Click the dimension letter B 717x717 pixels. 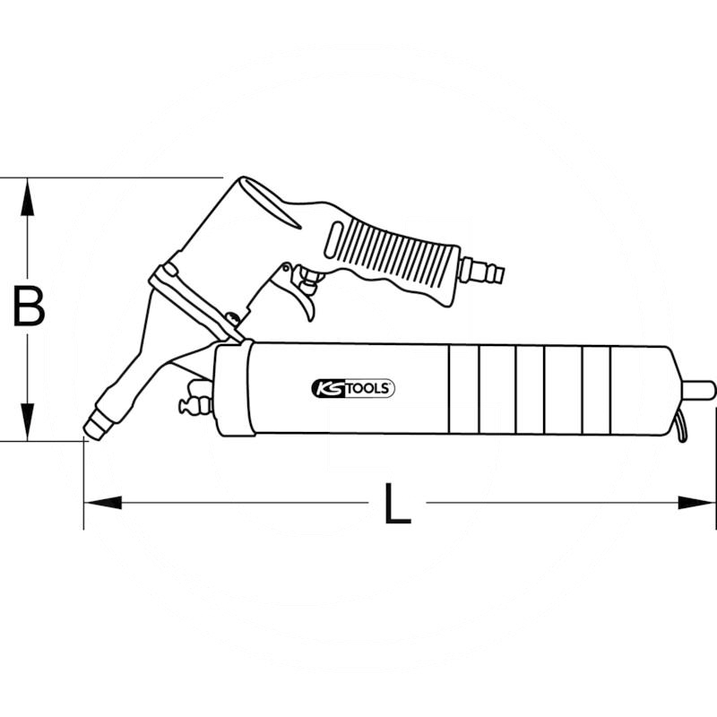coord(29,307)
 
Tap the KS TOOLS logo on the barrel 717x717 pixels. coord(352,388)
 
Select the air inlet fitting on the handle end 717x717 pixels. coord(482,270)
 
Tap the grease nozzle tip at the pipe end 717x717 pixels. coord(92,428)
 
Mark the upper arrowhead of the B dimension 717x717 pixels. coord(29,193)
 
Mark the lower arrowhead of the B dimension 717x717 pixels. coord(29,425)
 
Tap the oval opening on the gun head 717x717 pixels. coord(269,202)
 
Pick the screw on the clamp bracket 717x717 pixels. coord(232,317)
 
